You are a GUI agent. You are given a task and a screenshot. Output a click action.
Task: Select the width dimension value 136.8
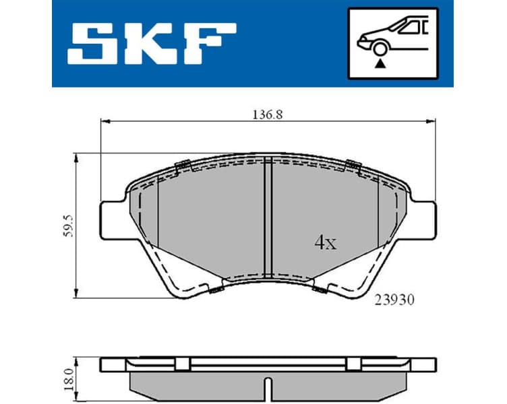tap(266, 114)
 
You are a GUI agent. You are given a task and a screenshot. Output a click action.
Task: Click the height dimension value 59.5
tap(65, 227)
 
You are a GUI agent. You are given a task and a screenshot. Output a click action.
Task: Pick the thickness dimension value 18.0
tap(64, 375)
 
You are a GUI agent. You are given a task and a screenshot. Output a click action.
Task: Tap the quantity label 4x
tap(325, 243)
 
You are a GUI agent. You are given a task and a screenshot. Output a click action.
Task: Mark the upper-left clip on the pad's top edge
tap(181, 166)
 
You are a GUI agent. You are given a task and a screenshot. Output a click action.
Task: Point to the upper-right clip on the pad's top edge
tap(352, 164)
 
